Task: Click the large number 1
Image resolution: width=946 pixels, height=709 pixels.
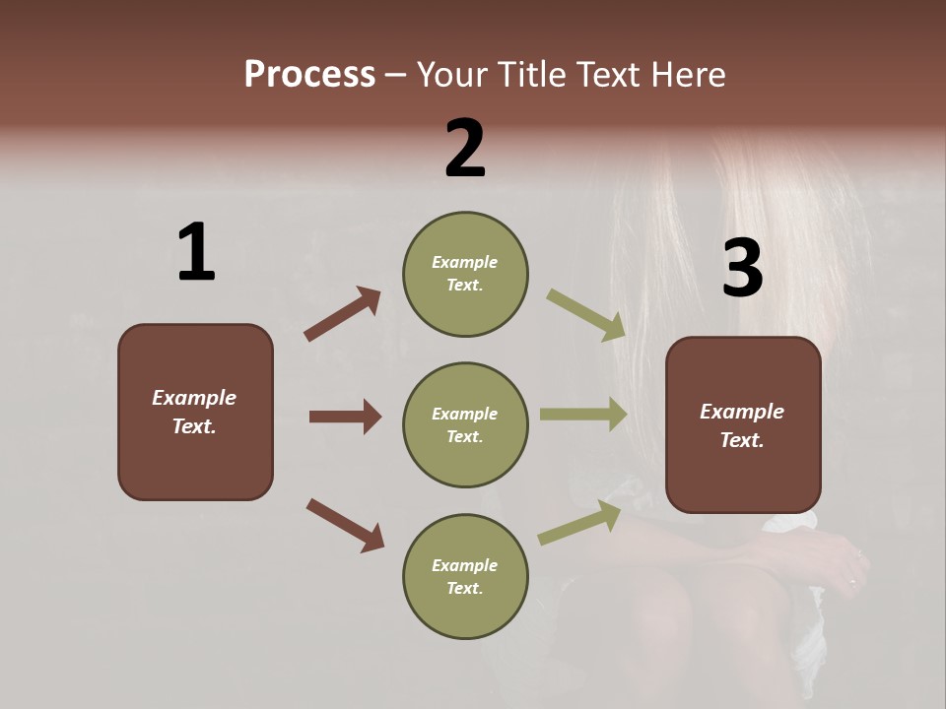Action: pos(196,253)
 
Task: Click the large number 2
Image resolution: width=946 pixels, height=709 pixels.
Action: pos(465,149)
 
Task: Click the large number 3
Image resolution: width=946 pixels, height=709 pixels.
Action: pos(742,269)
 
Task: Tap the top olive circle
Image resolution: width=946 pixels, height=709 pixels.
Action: pos(465,274)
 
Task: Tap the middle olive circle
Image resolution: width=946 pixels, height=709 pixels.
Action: pos(465,425)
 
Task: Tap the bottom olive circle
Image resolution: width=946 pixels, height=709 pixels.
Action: pos(465,577)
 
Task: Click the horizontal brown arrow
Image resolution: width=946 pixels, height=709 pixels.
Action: pos(345,417)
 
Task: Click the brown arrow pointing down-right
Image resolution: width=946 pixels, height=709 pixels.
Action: pos(345,524)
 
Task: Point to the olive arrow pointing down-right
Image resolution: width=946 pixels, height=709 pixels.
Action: pos(586,315)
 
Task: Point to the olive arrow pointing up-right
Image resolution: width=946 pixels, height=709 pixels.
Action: pos(579,523)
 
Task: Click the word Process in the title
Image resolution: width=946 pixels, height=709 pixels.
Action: pos(309,74)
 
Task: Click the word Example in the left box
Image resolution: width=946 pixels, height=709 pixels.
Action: pos(194,398)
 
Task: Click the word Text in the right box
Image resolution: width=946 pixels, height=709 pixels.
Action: pos(740,440)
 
